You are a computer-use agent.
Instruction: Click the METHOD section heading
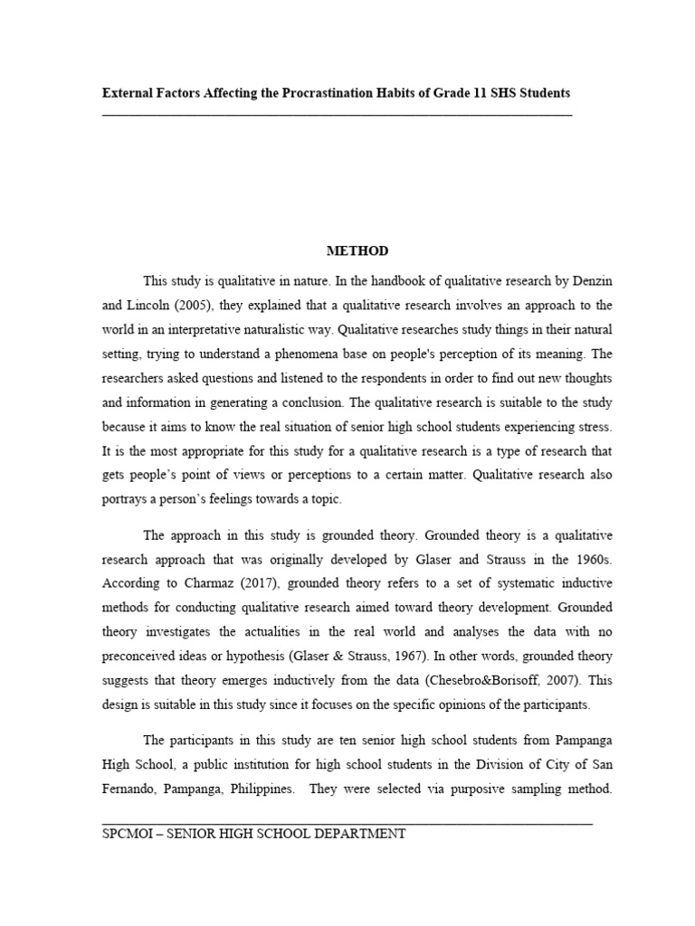click(357, 250)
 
